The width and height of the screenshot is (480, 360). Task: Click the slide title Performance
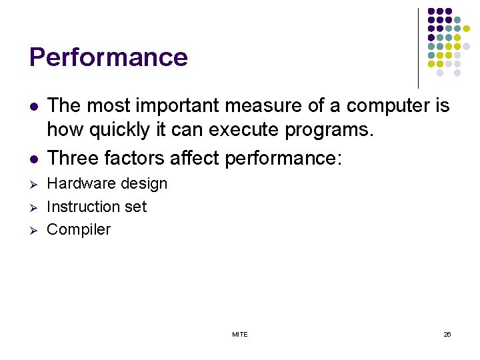[x=109, y=57]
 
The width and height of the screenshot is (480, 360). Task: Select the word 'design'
[x=145, y=184]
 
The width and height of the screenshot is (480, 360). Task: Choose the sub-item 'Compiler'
[x=79, y=230]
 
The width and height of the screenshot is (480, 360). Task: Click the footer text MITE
[x=239, y=334]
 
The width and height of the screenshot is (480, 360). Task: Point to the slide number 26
[x=447, y=334]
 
